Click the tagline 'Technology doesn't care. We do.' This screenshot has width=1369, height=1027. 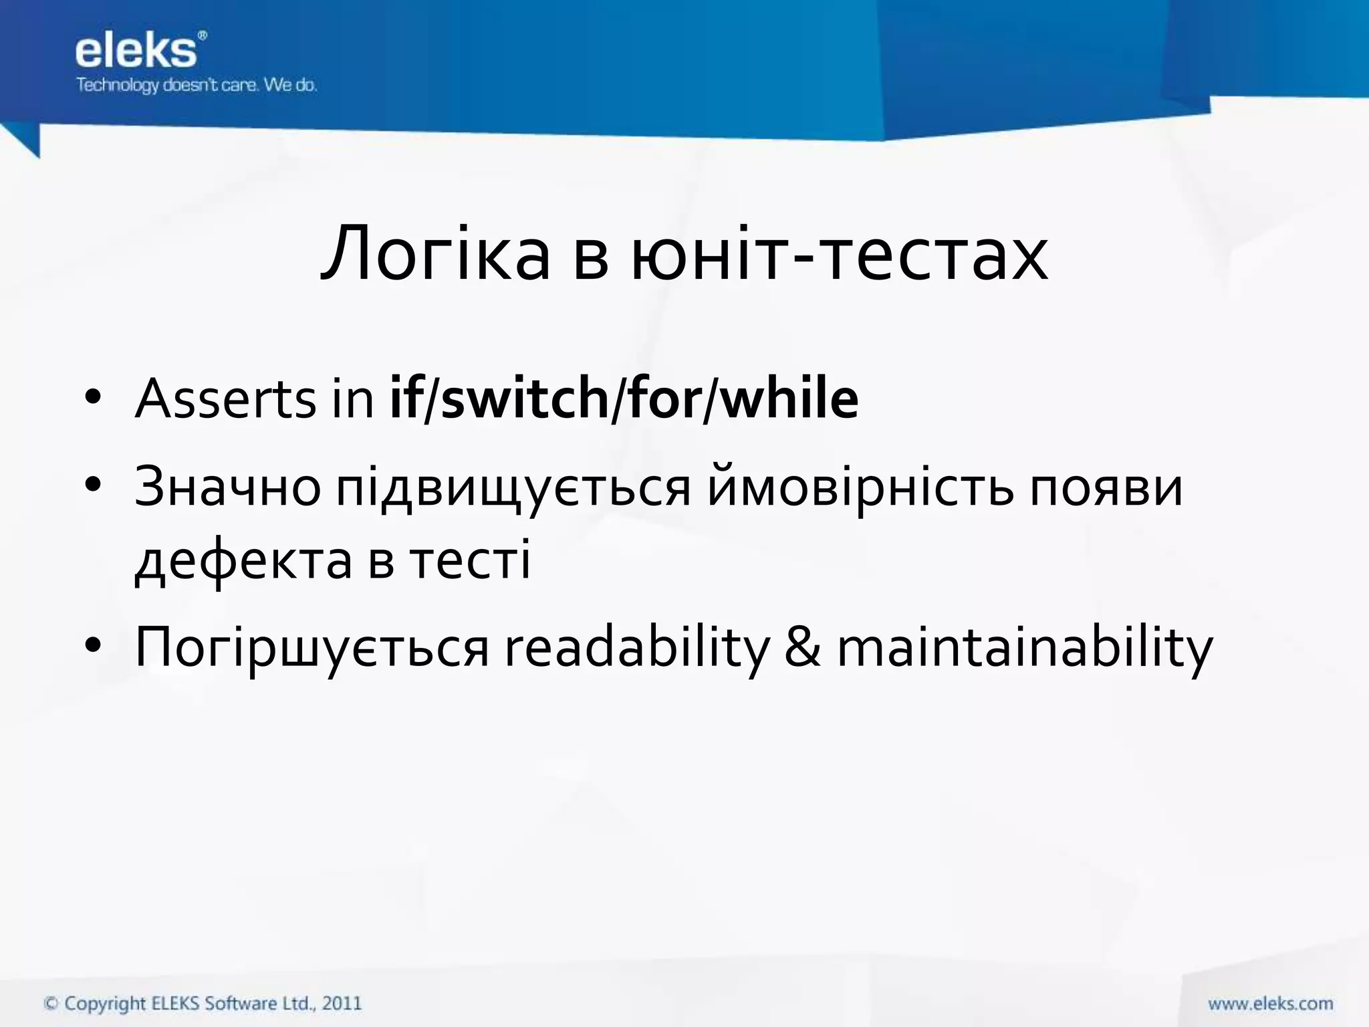coord(196,86)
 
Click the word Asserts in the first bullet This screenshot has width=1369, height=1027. coord(225,399)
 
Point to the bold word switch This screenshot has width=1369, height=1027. coord(525,399)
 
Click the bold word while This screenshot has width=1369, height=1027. coord(790,399)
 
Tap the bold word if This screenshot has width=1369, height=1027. coord(405,399)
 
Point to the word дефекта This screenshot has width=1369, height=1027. coord(243,560)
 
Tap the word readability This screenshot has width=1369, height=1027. coord(638,649)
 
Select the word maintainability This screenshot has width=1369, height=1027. coord(1025,649)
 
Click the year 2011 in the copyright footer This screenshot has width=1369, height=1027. coord(342,1003)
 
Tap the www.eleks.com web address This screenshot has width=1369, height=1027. coord(1270,1004)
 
